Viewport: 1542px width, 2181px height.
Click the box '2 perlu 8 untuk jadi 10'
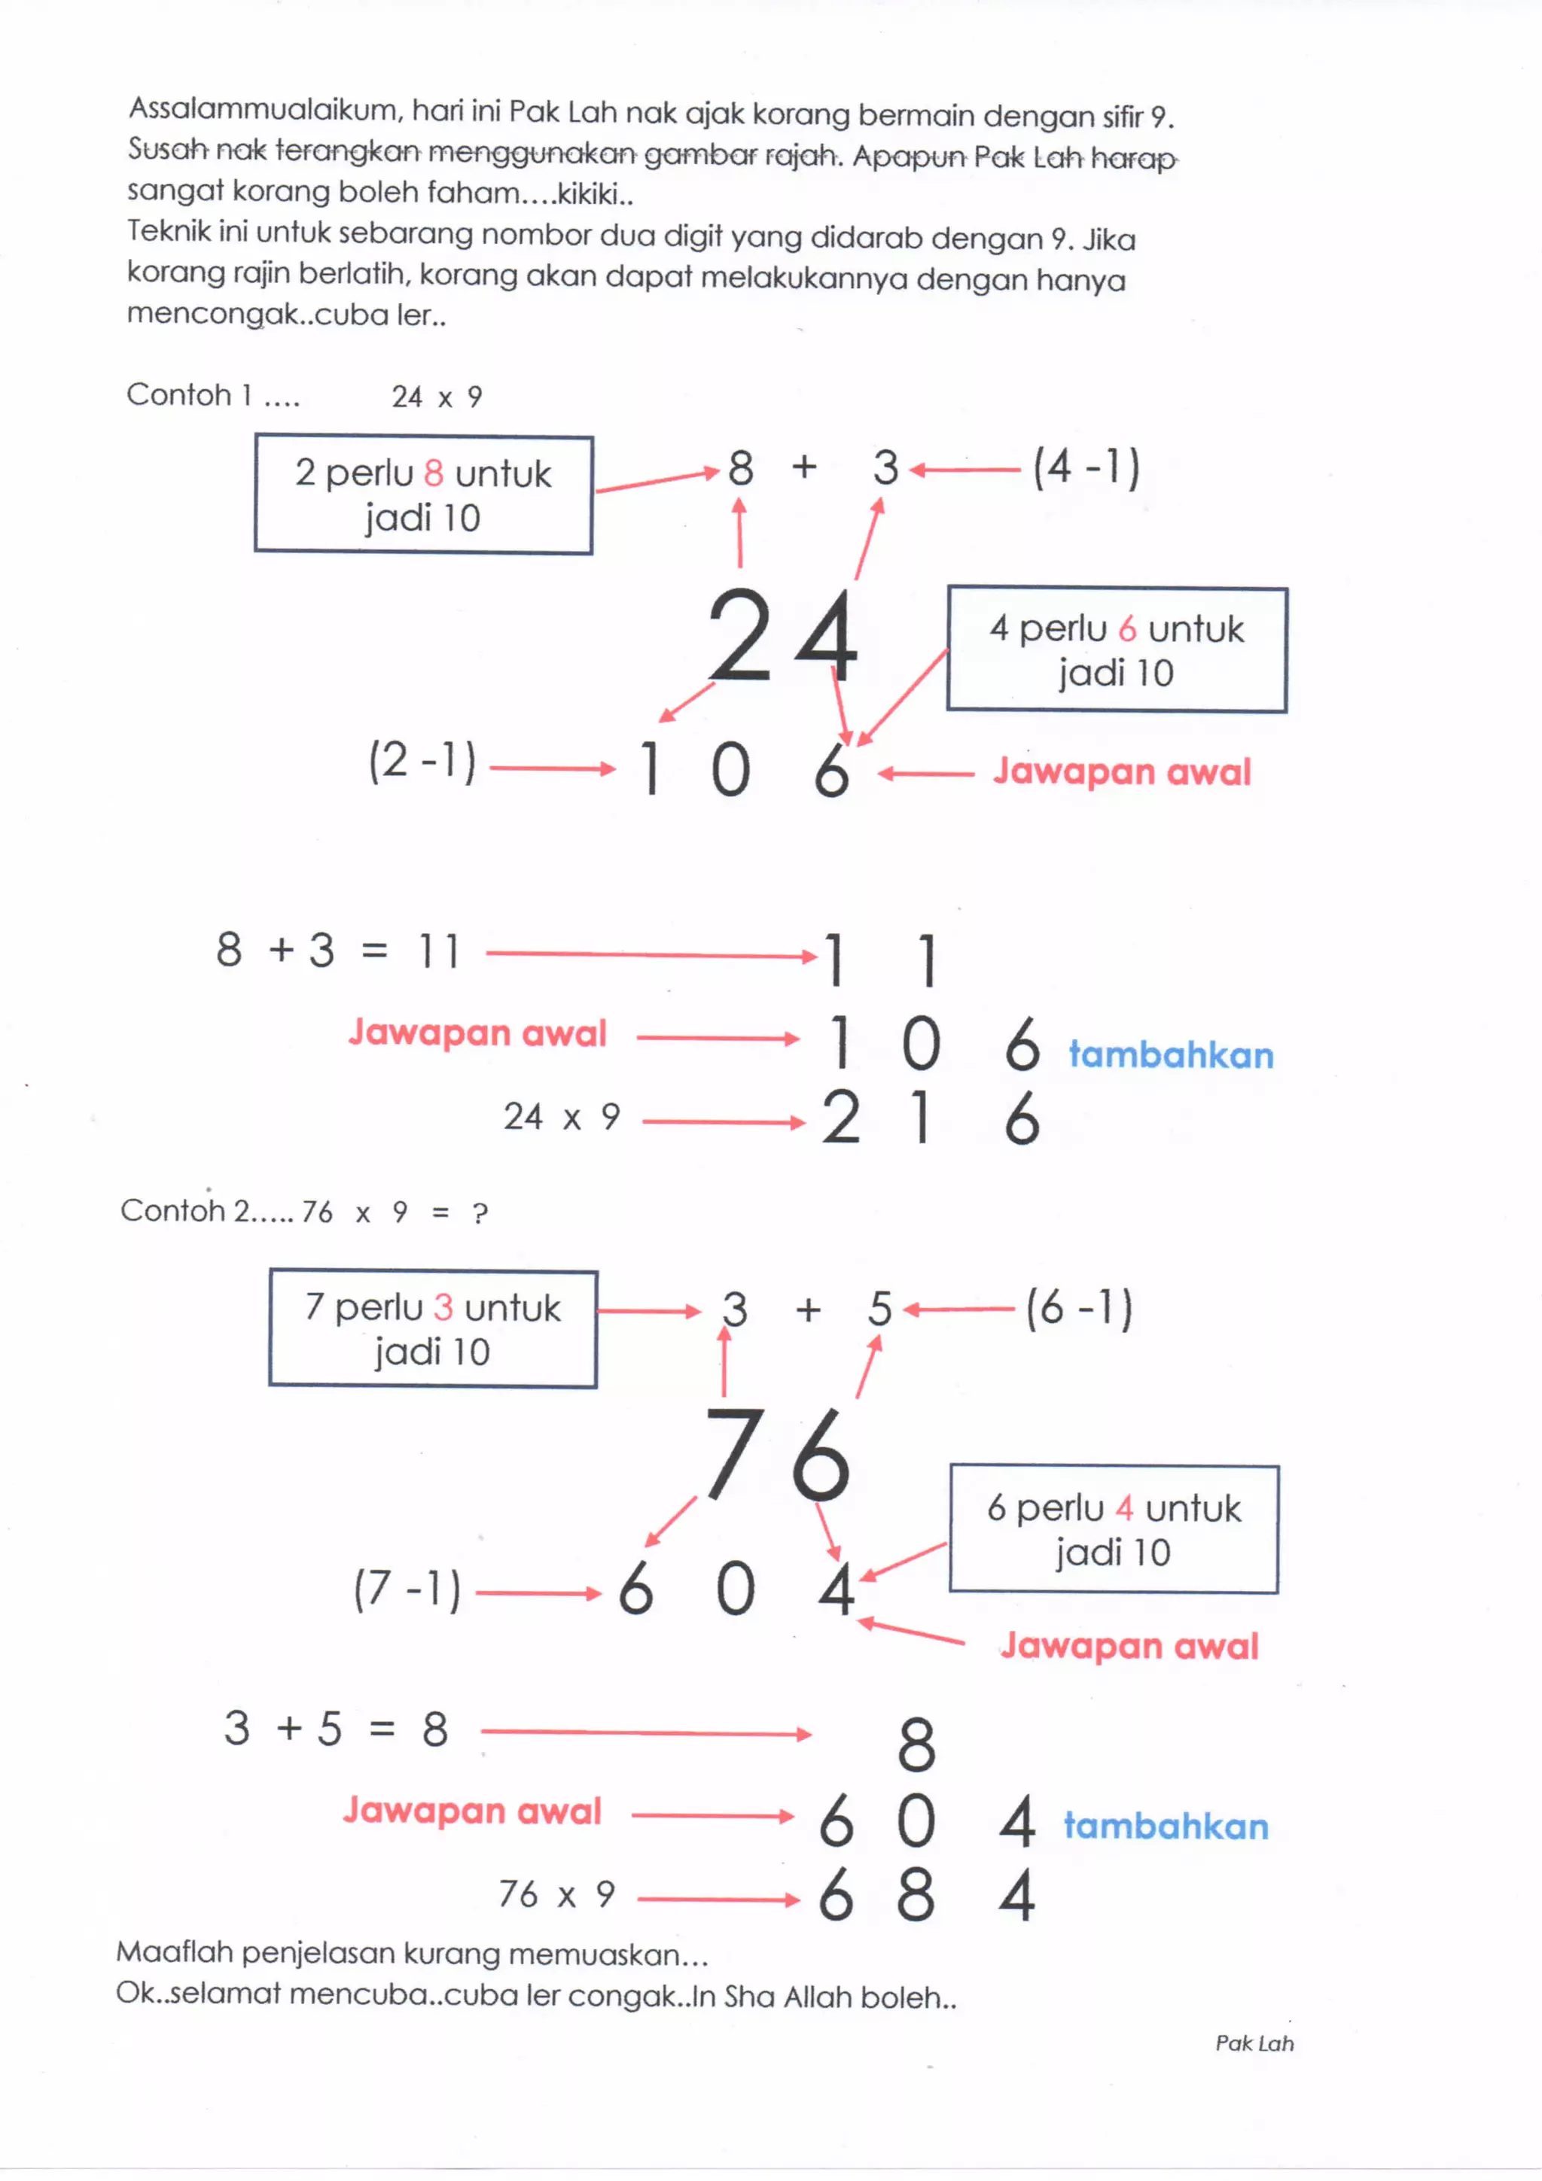(423, 494)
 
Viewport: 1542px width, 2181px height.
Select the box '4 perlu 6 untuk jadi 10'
(1117, 649)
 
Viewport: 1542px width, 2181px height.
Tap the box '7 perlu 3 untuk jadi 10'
(432, 1329)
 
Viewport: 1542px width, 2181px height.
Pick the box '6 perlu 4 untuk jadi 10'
(1114, 1529)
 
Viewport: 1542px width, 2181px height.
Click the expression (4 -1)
(1086, 467)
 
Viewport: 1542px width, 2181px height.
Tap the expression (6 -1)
(1078, 1308)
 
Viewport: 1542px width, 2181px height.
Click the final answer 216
(931, 1118)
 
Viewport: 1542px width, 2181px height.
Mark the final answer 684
(925, 1895)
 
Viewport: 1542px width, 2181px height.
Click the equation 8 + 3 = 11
(338, 950)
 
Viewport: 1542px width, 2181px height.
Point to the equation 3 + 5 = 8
(335, 1729)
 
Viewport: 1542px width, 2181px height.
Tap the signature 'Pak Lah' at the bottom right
(1254, 2043)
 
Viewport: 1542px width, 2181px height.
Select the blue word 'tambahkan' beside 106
(1171, 1055)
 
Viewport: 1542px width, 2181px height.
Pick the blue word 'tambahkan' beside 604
(1166, 1827)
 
